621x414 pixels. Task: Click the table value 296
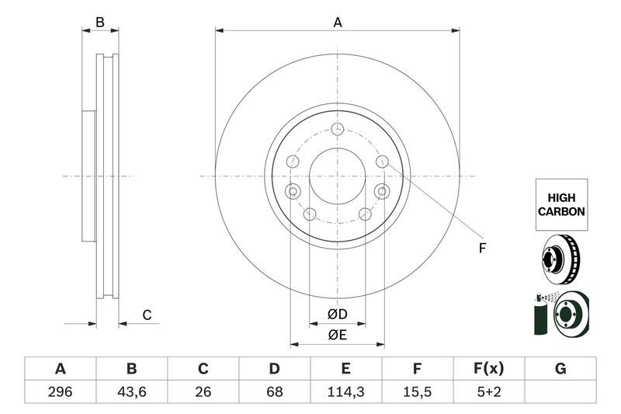point(60,392)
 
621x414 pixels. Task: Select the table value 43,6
point(132,392)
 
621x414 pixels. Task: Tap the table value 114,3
point(346,392)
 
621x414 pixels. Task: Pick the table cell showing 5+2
point(489,392)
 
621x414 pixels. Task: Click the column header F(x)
point(489,368)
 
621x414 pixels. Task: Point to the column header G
point(560,368)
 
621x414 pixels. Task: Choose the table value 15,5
point(418,392)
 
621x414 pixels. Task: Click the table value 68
point(275,392)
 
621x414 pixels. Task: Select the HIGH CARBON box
point(560,204)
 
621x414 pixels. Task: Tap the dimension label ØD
point(336,314)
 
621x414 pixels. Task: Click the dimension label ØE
point(336,335)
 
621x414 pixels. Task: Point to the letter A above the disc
point(338,23)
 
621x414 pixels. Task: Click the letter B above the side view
point(99,23)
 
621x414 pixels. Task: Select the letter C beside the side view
point(146,315)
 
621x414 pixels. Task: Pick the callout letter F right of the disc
point(481,249)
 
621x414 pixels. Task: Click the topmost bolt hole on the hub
point(337,130)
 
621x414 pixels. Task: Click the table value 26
point(203,392)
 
